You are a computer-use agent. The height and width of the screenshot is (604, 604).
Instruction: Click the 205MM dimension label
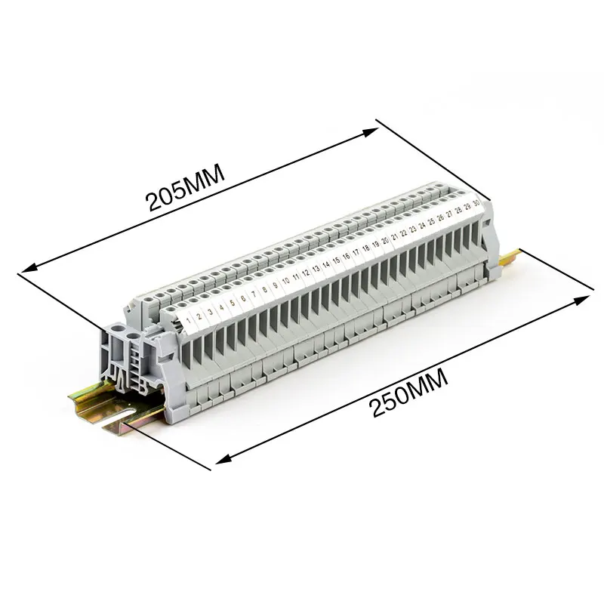(185, 187)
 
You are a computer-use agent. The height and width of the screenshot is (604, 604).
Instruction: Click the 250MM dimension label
(408, 393)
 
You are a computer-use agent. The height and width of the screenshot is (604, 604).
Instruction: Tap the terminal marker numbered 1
(188, 320)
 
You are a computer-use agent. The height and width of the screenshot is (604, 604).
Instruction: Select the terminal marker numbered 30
(476, 203)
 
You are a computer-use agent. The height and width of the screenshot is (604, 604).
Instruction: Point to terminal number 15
(336, 260)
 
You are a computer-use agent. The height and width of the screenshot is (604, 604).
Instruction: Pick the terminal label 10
(286, 281)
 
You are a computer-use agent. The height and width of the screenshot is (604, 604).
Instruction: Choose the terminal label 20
(385, 241)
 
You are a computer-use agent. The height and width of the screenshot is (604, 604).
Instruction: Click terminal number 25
(431, 221)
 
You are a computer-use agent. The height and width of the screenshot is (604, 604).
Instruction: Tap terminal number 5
(232, 303)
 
